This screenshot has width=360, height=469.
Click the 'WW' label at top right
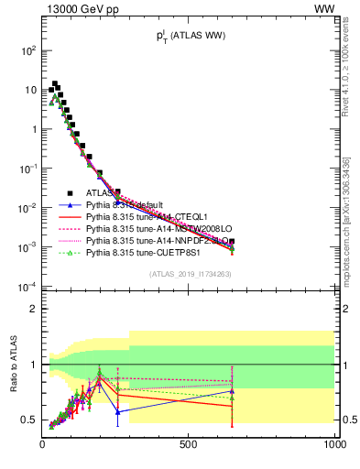324,8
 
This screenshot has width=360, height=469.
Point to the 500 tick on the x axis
189,442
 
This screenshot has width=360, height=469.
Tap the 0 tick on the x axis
42,442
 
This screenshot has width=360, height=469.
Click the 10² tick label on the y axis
29,50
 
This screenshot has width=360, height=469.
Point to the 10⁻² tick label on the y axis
28,208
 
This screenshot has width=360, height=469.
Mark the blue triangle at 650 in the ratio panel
232,390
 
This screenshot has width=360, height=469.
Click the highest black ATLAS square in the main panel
55,84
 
